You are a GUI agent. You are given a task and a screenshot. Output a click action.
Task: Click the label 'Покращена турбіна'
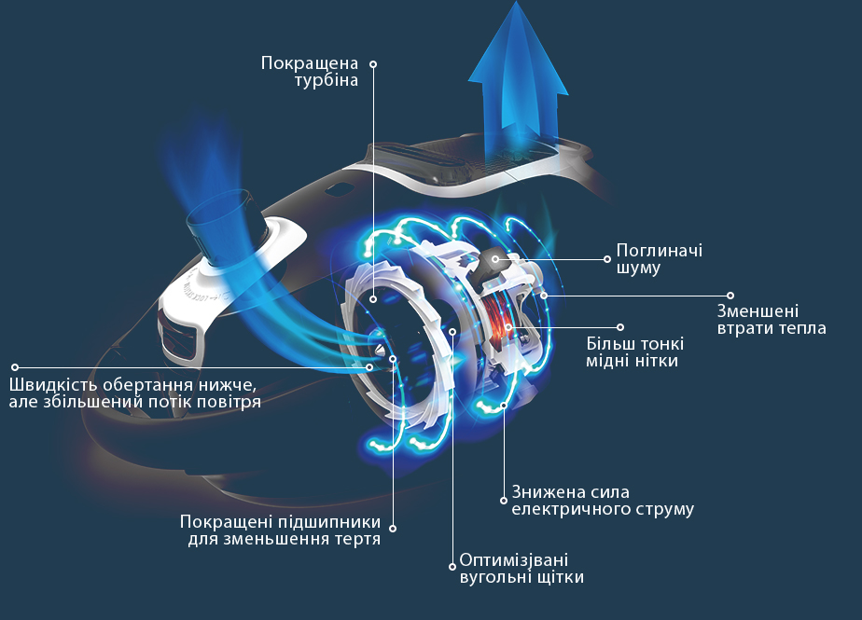click(310, 72)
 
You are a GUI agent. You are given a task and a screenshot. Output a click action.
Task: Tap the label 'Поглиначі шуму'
click(660, 259)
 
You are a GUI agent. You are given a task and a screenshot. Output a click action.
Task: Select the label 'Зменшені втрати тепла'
click(772, 320)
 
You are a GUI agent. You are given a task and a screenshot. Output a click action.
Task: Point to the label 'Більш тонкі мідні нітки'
click(635, 352)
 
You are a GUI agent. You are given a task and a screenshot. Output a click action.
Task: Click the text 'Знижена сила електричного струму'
click(603, 500)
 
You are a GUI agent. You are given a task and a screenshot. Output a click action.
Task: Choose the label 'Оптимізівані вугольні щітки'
click(521, 569)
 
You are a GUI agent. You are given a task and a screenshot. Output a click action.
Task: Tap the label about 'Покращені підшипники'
click(281, 530)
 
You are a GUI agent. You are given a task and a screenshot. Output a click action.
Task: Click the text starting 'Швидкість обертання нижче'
click(134, 393)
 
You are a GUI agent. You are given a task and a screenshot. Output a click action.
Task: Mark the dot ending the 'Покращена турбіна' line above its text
click(373, 64)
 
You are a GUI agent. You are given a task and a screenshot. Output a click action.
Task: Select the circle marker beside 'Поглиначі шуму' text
click(607, 259)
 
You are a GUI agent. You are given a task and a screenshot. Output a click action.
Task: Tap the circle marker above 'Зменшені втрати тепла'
click(730, 296)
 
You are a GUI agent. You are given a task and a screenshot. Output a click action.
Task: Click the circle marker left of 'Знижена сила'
click(504, 500)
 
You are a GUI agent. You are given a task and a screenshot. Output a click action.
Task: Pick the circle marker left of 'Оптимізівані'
click(452, 566)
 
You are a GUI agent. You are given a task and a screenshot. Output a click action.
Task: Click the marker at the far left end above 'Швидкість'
click(15, 367)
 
